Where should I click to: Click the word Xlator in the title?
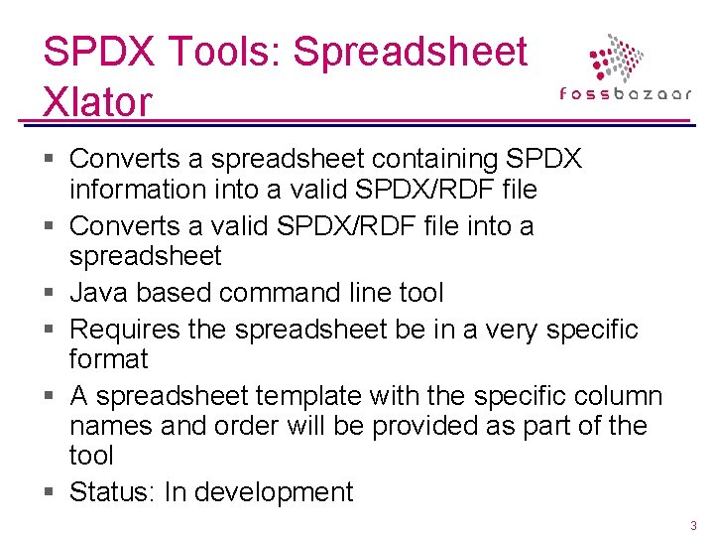97,100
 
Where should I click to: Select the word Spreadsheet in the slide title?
412,52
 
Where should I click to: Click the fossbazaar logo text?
626,94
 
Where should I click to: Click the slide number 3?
693,525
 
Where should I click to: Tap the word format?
109,358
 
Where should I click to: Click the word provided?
377,426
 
